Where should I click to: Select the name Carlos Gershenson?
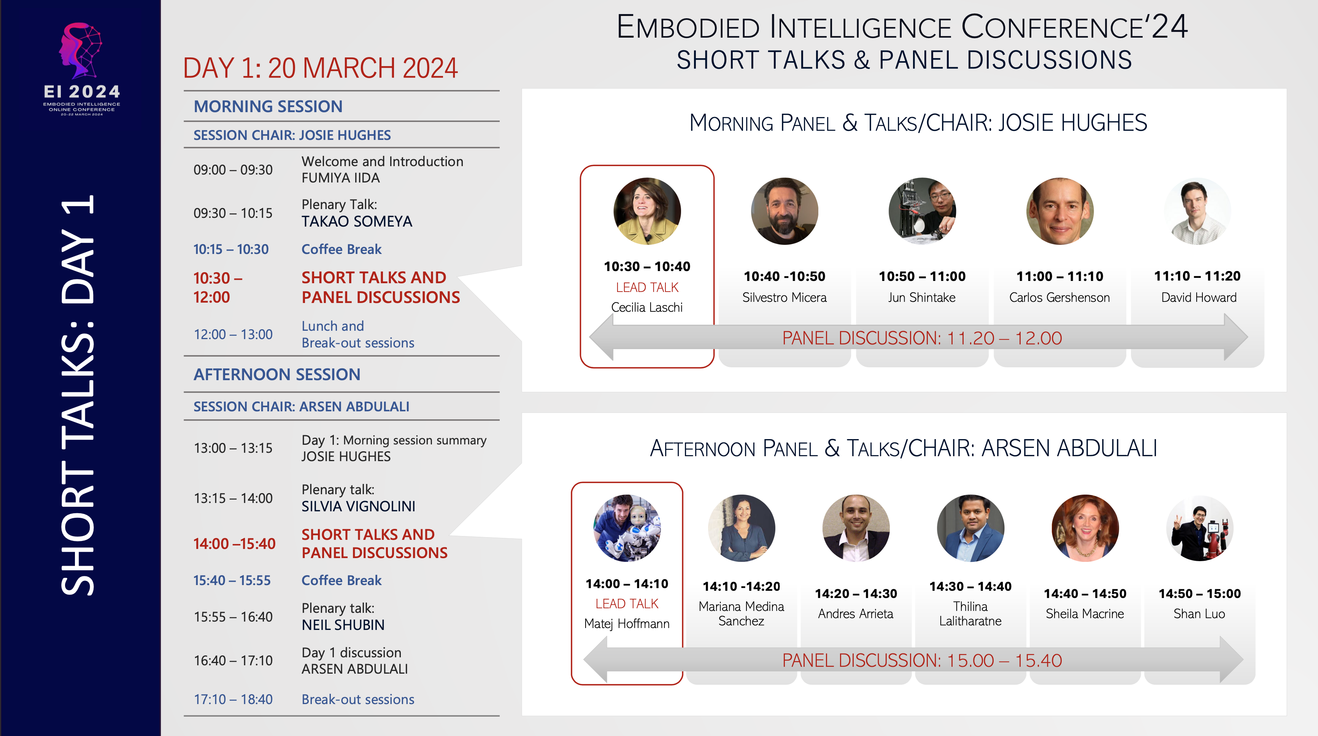[1059, 297]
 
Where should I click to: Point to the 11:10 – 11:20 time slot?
[1197, 276]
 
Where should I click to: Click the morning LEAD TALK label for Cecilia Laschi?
[647, 287]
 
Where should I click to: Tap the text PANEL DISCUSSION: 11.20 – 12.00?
[922, 338]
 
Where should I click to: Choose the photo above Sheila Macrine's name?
[1085, 528]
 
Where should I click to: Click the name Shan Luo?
[1199, 614]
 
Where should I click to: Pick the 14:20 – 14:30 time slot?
[856, 594]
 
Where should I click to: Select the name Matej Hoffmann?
[627, 624]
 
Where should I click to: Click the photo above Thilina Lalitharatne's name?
[970, 528]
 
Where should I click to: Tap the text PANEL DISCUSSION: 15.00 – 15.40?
[922, 660]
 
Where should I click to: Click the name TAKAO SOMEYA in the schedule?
[357, 222]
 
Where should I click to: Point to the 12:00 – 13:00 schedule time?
[233, 335]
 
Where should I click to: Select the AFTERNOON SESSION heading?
[277, 374]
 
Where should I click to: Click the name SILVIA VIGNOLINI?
[358, 506]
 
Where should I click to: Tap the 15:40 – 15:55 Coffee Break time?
[232, 581]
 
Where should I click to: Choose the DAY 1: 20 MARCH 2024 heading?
[320, 68]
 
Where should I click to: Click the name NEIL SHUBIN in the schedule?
[343, 625]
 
